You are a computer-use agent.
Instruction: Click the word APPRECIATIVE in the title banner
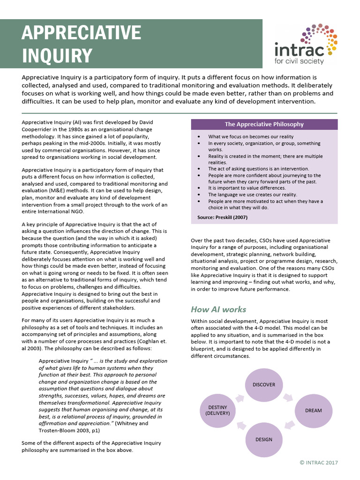pos(81,33)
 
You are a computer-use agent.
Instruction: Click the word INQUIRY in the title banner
pos(57,55)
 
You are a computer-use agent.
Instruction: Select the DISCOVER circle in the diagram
pos(264,385)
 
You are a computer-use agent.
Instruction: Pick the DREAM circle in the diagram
pos(313,411)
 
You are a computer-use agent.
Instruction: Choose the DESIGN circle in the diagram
pos(264,440)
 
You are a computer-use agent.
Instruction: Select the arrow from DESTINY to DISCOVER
pos(240,397)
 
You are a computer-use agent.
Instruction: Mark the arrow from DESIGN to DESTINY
pos(240,425)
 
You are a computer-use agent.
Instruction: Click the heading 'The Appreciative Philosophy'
pos(264,124)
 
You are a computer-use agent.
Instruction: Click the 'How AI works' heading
pos(218,309)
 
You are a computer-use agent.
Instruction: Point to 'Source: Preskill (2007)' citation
pos(223,217)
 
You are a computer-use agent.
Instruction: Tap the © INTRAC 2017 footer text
pos(319,463)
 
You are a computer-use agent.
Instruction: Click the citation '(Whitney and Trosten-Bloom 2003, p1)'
pos(93,427)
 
